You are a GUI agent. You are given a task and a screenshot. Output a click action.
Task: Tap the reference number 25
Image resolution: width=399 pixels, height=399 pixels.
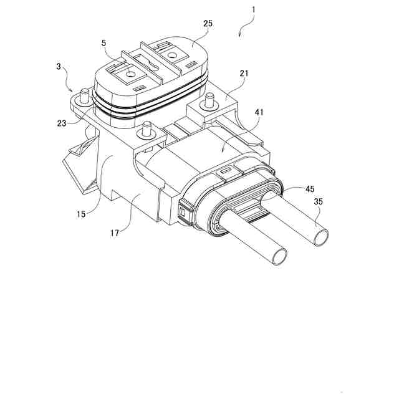point(208,23)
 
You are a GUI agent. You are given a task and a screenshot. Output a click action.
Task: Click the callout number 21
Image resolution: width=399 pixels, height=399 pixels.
point(244,74)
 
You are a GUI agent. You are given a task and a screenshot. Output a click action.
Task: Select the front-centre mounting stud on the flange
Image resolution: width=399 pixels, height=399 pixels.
point(147,128)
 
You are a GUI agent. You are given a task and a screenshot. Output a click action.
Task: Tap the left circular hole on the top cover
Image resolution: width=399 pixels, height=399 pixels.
point(130,74)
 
